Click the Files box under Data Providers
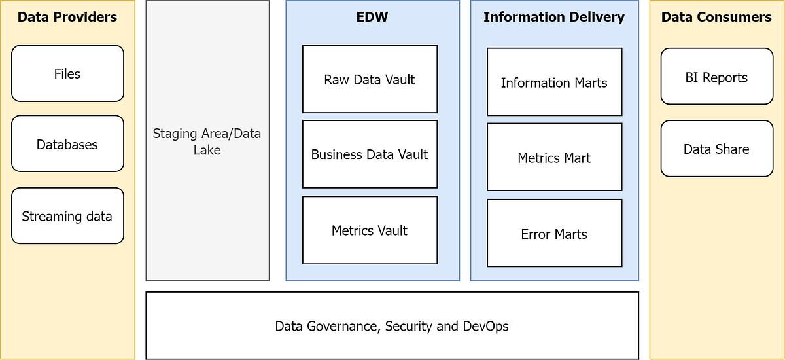pos(67,74)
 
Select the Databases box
pos(67,144)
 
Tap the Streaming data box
pos(67,216)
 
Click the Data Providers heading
pos(67,17)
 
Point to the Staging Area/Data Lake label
pos(207,141)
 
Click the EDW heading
pos(372,17)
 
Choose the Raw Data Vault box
pos(370,79)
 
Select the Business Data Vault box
pos(370,154)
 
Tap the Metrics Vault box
pos(370,230)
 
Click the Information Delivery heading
pos(554,17)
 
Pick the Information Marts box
pos(554,82)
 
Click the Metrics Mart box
pos(554,158)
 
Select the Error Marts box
pos(554,234)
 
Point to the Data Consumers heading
pos(716,17)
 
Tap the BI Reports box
pos(716,77)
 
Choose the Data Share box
pos(716,149)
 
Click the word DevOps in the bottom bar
pos(485,326)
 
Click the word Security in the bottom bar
pos(410,326)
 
